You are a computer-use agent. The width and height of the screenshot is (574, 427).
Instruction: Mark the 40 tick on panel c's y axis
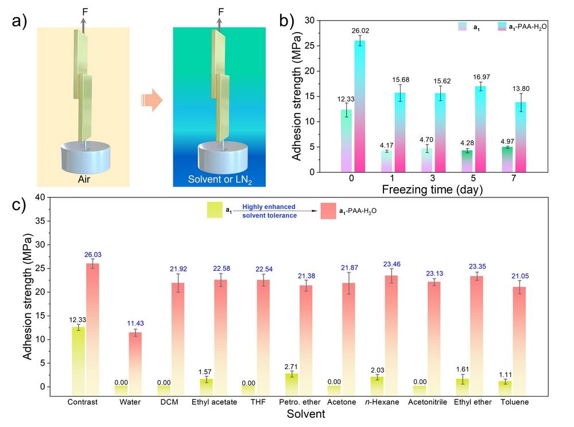(x=40, y=197)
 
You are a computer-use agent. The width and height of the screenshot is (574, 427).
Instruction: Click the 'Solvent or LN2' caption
(x=219, y=178)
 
